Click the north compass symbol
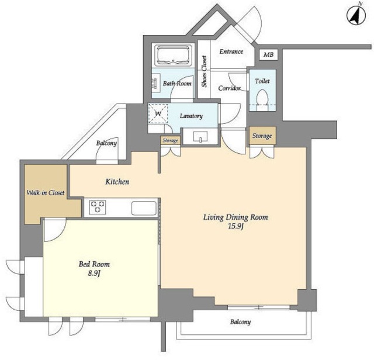tap(356, 16)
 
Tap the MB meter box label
tap(268, 54)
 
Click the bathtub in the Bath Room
tap(173, 56)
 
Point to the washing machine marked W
tap(158, 113)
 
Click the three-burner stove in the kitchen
tap(98, 207)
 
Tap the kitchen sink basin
tap(144, 208)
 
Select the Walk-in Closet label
tap(46, 192)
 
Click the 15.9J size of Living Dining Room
tap(236, 226)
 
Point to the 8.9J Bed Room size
tap(94, 274)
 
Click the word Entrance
tap(231, 51)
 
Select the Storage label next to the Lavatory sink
tap(170, 140)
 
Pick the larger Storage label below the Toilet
tap(262, 136)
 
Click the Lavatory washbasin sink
tap(200, 137)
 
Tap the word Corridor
tap(229, 88)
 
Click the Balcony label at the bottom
tap(240, 322)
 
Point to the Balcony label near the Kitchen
tap(106, 143)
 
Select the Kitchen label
tap(117, 182)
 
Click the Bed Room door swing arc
tap(60, 236)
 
